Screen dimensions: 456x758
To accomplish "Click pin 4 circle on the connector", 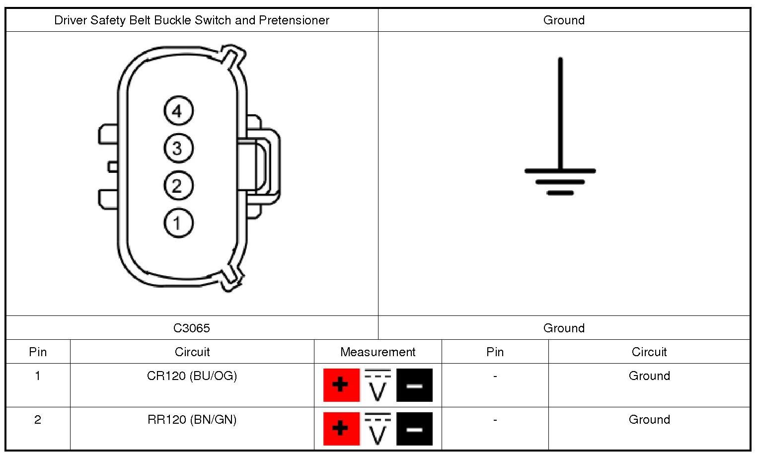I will tap(178, 111).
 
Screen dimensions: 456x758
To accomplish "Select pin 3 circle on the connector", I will tap(178, 148).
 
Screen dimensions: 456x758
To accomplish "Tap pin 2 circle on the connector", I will tap(178, 186).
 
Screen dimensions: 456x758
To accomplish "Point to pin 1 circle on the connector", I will tap(178, 223).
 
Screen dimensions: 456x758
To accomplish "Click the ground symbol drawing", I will tap(560, 149).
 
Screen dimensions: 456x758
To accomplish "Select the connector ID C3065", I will tap(192, 328).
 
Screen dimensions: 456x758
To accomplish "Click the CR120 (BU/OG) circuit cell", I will tap(192, 376).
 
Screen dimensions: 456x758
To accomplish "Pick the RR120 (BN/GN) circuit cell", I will tap(192, 420).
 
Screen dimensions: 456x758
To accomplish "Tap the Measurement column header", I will tap(378, 352).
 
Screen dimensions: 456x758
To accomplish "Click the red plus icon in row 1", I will tap(341, 385).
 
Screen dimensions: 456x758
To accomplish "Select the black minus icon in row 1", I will tap(414, 385).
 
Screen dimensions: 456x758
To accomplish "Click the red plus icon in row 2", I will tap(341, 428).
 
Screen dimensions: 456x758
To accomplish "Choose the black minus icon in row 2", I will tap(414, 428).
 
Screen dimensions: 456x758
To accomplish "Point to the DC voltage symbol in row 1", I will tap(378, 385).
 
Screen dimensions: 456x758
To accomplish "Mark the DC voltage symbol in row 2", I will tap(378, 428).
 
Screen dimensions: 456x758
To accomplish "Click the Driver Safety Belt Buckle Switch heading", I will tap(192, 20).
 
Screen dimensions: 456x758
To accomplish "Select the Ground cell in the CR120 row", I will tap(649, 376).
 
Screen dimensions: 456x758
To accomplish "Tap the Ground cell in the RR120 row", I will tap(649, 420).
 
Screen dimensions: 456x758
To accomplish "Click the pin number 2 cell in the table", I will tap(38, 420).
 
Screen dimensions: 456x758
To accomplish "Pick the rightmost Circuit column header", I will tap(649, 352).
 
